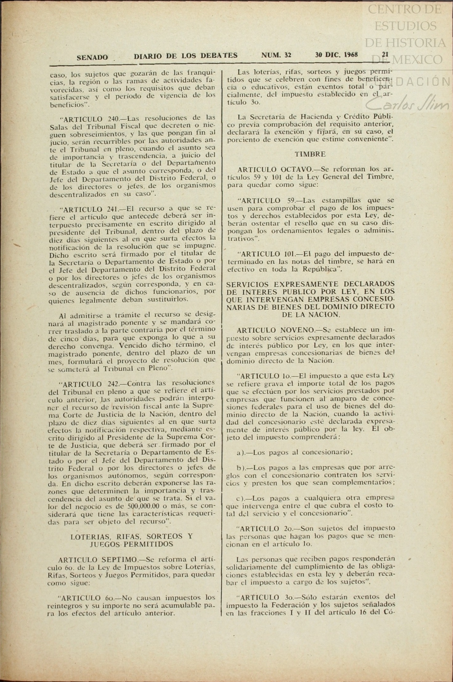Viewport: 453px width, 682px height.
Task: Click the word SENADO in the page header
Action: click(x=92, y=57)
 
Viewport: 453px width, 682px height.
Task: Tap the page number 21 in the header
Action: click(x=385, y=55)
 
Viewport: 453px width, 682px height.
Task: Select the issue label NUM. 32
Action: click(x=276, y=55)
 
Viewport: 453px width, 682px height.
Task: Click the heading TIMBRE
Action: click(x=310, y=154)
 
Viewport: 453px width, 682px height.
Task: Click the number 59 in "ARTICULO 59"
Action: click(x=291, y=200)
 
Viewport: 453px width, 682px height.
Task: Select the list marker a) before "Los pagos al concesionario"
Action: click(x=241, y=453)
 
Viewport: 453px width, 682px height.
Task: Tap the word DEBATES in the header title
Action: click(x=219, y=55)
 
